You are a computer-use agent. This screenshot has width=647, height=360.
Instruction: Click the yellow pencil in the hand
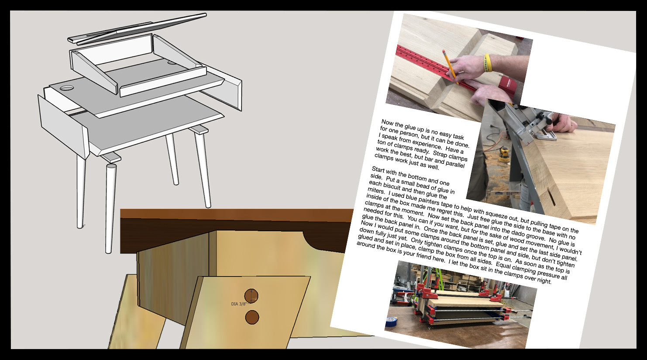[450, 67]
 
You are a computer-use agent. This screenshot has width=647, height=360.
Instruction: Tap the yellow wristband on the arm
[488, 62]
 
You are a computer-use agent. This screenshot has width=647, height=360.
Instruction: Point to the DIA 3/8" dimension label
[239, 304]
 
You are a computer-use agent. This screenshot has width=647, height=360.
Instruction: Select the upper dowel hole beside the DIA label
[251, 296]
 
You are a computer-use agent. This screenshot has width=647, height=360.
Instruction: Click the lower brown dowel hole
[252, 317]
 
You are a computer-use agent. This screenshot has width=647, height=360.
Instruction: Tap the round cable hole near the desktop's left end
[67, 87]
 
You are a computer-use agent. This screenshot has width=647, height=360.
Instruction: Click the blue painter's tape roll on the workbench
[391, 321]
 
